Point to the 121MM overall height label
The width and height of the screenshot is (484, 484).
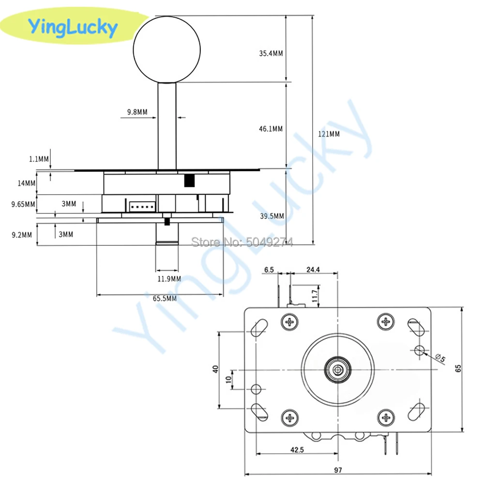(328, 134)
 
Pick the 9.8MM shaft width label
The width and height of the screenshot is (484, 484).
(137, 112)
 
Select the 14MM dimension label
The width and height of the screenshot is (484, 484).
(27, 183)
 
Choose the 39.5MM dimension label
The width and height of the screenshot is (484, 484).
(272, 216)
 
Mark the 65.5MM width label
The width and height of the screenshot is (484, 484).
(165, 299)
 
